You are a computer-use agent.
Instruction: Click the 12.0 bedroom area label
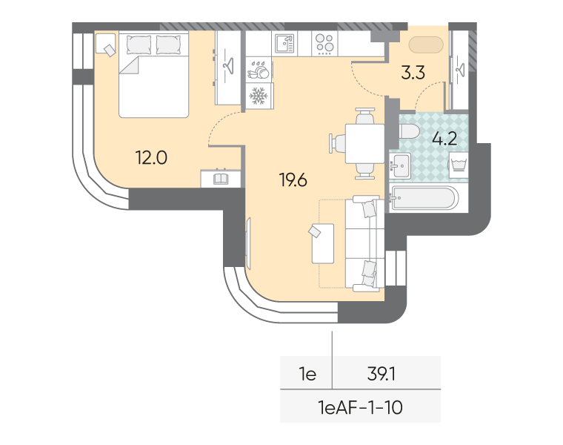click(151, 158)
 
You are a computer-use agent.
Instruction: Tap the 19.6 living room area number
click(293, 180)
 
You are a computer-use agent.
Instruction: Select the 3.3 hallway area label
click(413, 73)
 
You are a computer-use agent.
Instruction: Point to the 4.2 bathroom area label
click(444, 139)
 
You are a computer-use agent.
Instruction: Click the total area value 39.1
click(382, 375)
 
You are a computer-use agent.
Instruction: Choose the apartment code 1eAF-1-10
click(360, 408)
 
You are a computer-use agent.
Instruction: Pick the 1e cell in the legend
click(307, 375)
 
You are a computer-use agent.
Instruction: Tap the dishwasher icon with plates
click(258, 70)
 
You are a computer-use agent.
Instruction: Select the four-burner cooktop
click(325, 44)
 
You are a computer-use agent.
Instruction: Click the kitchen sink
click(284, 44)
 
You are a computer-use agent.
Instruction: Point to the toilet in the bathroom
click(409, 131)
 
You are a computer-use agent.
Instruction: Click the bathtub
click(424, 197)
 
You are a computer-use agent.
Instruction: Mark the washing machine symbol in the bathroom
click(458, 165)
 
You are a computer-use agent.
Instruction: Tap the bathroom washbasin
click(400, 165)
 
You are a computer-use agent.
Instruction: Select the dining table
click(364, 143)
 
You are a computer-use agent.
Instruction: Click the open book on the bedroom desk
click(221, 179)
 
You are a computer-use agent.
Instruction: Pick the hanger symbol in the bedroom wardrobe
click(227, 66)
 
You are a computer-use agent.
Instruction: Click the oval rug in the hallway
click(426, 44)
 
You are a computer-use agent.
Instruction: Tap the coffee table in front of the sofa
click(323, 243)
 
